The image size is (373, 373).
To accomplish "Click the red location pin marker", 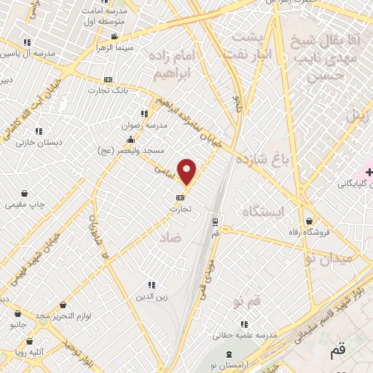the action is [188, 172].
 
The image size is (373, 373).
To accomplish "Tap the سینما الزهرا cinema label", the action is [113, 47].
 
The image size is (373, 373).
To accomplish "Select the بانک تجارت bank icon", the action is [109, 79].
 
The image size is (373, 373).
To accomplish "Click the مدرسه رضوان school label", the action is [148, 125].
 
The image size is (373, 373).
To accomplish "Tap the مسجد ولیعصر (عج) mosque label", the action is [130, 150].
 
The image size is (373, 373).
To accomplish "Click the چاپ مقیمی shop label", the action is [25, 205].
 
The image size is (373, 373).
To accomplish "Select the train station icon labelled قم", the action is [215, 221].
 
